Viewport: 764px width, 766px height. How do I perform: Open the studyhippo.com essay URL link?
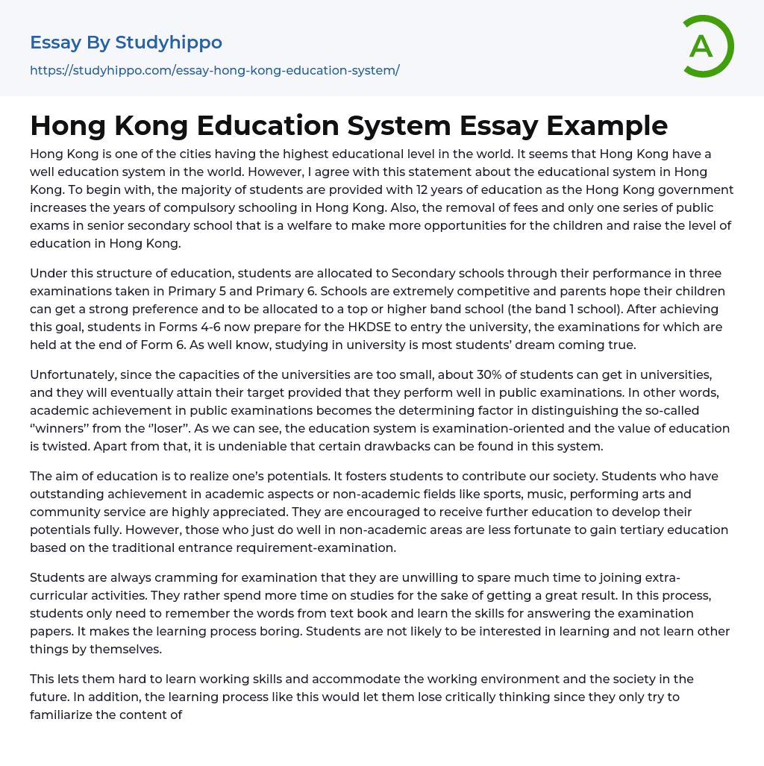click(215, 70)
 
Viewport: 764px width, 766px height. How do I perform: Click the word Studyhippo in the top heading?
click(169, 43)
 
